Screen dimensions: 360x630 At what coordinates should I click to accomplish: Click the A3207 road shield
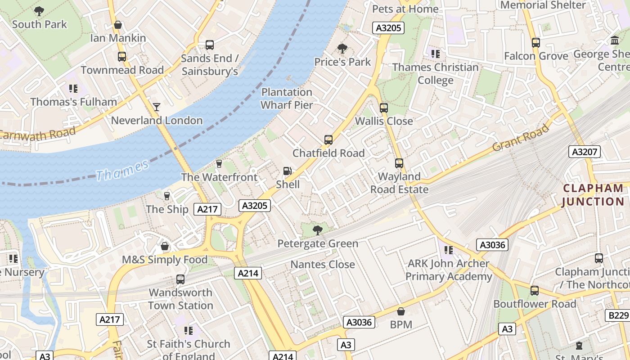click(585, 152)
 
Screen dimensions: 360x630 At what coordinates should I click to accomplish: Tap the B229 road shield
click(618, 315)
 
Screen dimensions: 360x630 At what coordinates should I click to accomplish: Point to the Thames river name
click(122, 170)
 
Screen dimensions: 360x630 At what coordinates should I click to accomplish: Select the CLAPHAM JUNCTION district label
click(593, 195)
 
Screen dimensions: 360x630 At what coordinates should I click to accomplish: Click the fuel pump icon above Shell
click(287, 171)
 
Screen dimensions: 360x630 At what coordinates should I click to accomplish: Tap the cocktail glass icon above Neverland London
click(156, 107)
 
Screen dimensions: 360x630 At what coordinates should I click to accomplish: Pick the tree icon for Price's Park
click(342, 48)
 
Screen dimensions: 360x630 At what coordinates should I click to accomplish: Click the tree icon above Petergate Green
click(317, 230)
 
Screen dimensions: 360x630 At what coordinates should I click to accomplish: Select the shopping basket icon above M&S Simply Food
click(165, 247)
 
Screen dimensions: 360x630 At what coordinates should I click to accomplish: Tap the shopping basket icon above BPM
click(400, 311)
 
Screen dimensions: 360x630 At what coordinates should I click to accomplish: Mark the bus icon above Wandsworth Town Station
click(180, 279)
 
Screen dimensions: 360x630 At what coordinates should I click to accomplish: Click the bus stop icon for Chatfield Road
click(328, 140)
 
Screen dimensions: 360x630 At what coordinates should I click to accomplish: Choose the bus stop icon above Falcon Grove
click(535, 43)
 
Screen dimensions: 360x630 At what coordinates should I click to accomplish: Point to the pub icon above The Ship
click(167, 196)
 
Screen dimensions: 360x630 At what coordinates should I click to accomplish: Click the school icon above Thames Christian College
click(435, 54)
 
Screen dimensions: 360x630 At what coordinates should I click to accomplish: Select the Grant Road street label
click(521, 138)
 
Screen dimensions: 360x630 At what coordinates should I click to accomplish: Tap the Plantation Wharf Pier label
click(287, 99)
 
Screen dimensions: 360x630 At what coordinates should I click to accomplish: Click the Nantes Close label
click(323, 265)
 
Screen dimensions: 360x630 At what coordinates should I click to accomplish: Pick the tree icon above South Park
click(39, 11)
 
